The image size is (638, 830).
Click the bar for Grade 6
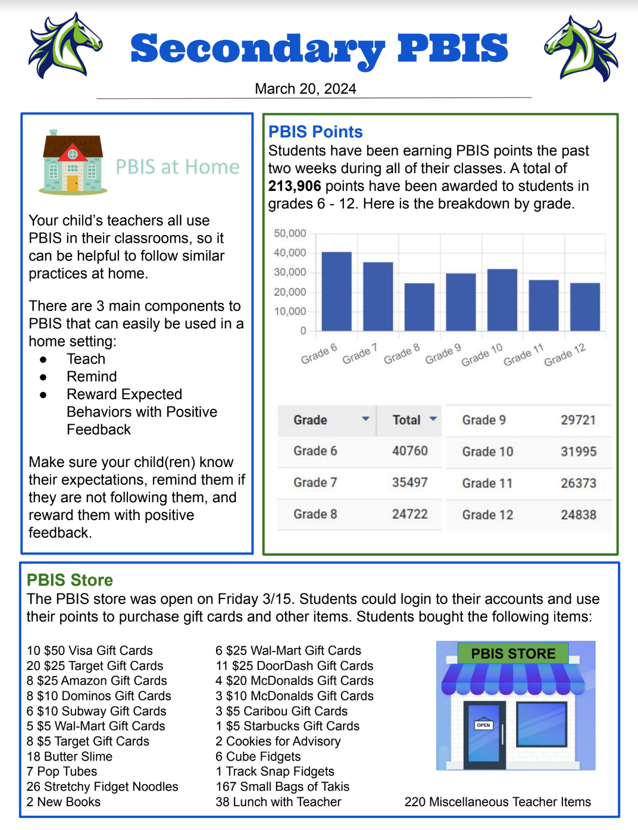coord(336,292)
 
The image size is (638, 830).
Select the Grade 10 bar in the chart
coord(502,300)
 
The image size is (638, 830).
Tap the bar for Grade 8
coord(419,307)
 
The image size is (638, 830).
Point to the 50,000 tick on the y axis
coord(290,233)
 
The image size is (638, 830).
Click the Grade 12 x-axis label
coord(565,355)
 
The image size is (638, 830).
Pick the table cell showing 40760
coord(409,451)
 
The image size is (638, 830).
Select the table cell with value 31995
coord(578,452)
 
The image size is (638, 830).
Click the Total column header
coord(407,420)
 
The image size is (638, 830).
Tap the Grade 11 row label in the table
coord(487,483)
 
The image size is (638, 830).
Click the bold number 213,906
coord(295,186)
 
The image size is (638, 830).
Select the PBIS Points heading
coord(315,131)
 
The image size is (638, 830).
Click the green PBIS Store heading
coord(70,580)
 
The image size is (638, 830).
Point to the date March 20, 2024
coord(305,89)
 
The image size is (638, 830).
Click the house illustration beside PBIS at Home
coord(73,162)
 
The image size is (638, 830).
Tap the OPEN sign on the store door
coord(483,725)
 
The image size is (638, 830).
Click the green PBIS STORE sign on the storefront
coord(513,653)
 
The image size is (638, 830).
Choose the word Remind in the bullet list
coord(92,377)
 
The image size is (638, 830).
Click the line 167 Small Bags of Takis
coord(282,787)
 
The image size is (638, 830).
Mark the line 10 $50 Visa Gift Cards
coord(89,650)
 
